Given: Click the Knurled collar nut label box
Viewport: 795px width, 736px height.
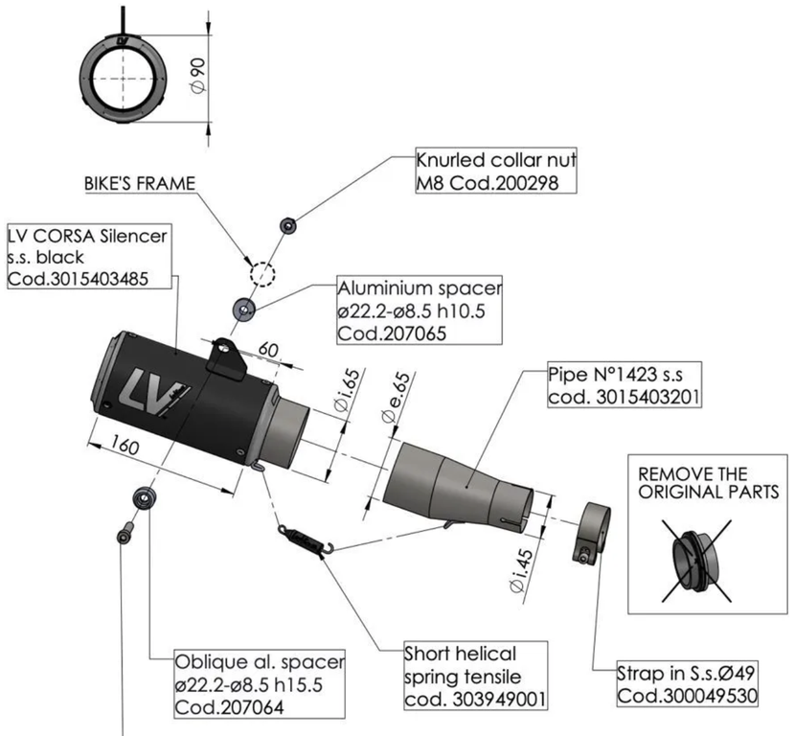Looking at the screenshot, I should pyautogui.click(x=495, y=170).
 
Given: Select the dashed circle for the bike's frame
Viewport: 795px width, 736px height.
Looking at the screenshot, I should pyautogui.click(x=261, y=272).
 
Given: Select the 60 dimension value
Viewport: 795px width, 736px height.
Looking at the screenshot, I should pyautogui.click(x=268, y=351).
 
